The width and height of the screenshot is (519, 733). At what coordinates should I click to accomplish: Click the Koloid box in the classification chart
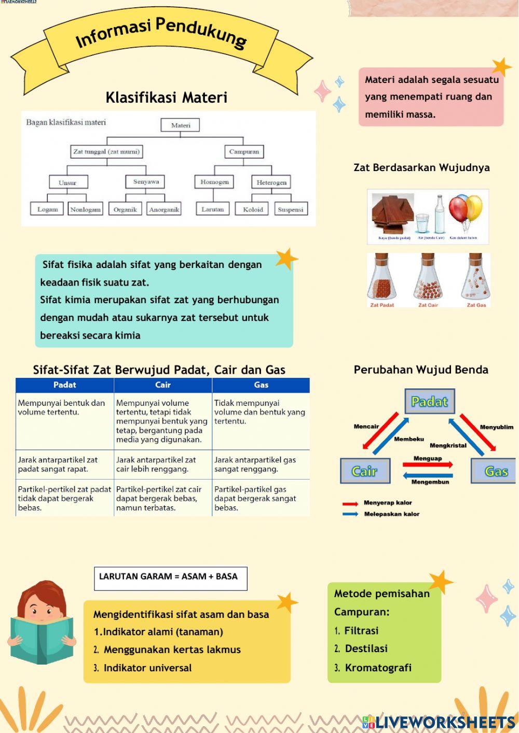(253, 209)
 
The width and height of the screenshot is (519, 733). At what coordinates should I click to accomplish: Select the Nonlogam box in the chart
(86, 209)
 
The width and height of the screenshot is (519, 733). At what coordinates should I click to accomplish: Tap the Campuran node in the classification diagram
(244, 152)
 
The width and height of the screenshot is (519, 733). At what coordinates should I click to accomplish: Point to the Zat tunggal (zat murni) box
(106, 152)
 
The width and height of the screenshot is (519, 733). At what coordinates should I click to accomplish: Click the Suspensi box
(290, 209)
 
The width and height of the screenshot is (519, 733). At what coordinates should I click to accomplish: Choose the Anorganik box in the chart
(164, 209)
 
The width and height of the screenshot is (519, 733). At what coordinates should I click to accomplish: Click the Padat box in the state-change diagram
(429, 402)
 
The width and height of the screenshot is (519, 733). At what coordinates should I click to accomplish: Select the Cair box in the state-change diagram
(365, 471)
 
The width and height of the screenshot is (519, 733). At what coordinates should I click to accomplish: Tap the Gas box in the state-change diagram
(494, 471)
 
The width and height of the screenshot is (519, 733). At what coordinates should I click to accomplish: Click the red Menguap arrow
(428, 464)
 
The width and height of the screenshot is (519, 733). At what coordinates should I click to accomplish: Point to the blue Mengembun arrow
(428, 475)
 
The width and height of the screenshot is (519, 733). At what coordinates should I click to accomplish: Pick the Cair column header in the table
(163, 385)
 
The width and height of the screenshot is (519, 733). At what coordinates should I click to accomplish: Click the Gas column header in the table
(261, 385)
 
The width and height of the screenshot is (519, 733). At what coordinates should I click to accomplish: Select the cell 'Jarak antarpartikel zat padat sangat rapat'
(64, 464)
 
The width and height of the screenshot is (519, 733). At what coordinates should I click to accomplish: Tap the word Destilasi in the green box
(366, 649)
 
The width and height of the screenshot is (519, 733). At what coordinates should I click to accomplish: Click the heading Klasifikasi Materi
(166, 97)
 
